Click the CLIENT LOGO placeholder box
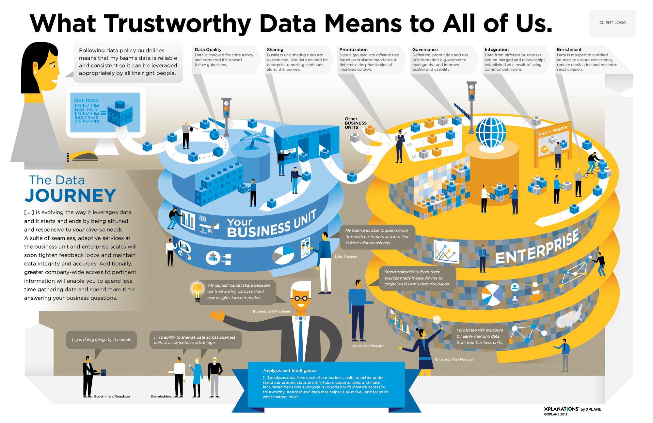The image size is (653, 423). click(x=613, y=23)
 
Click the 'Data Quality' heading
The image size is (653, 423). click(x=208, y=50)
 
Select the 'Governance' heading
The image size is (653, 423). click(x=425, y=50)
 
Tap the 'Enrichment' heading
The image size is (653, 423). click(x=569, y=50)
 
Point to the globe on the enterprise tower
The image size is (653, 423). click(x=491, y=133)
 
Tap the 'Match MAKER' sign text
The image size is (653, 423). click(x=553, y=130)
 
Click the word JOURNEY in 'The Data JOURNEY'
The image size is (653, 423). click(x=71, y=195)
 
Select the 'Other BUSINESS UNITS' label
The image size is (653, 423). click(x=355, y=123)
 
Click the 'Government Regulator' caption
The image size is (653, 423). click(x=112, y=397)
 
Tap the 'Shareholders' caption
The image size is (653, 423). click(x=161, y=397)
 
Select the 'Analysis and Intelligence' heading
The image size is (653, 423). click(x=290, y=371)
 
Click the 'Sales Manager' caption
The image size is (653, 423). click(x=345, y=257)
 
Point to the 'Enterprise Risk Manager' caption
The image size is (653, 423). click(x=454, y=360)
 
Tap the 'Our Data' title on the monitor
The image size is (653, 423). click(x=86, y=101)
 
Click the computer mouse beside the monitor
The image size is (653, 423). click(x=85, y=157)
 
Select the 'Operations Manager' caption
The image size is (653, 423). click(x=368, y=346)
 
